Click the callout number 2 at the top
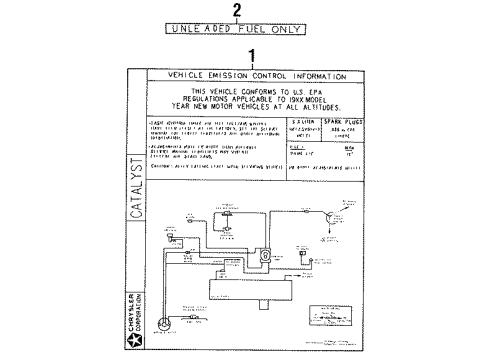point(236,9)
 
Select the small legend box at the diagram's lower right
point(339,319)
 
